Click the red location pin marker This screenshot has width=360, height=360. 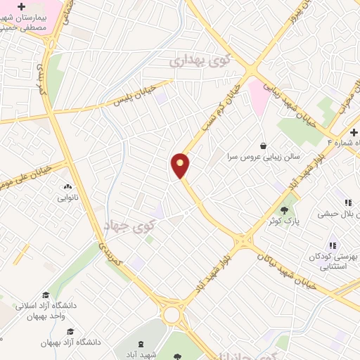181,165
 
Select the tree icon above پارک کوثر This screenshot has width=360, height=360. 285,209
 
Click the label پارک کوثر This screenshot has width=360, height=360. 284,221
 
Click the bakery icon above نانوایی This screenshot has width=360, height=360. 68,187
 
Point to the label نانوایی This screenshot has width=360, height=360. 69,198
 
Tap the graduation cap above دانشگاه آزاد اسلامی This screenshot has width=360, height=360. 46,295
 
